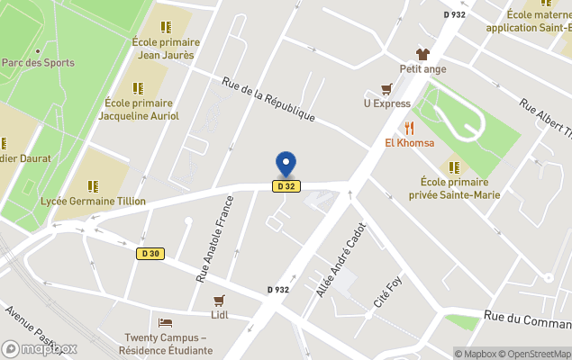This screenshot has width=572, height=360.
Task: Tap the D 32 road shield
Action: [x=286, y=186]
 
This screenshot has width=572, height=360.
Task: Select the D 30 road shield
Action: [x=150, y=254]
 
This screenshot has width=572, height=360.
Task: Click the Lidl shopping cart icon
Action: [x=218, y=301]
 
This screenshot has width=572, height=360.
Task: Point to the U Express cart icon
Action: [x=386, y=89]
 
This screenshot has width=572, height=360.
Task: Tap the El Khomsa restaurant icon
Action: [x=409, y=128]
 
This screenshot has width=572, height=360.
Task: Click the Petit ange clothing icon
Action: [x=422, y=54]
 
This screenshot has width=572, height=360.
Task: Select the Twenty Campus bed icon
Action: [x=165, y=322]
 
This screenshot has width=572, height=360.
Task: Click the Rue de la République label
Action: [x=268, y=99]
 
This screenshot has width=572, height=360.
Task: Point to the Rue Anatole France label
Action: [x=215, y=241]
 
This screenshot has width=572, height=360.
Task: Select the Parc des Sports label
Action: [x=38, y=63]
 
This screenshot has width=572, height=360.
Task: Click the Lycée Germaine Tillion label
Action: [x=93, y=202]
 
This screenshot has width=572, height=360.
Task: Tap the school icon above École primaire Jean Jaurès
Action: [x=166, y=27]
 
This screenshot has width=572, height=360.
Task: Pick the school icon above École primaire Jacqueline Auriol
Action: [x=138, y=88]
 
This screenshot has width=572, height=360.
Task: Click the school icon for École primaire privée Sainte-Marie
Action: [x=454, y=166]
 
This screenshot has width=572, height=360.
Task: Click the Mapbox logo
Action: [x=40, y=348]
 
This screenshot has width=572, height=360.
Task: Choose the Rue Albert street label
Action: [x=546, y=121]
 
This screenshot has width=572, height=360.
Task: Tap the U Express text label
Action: [x=386, y=103]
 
